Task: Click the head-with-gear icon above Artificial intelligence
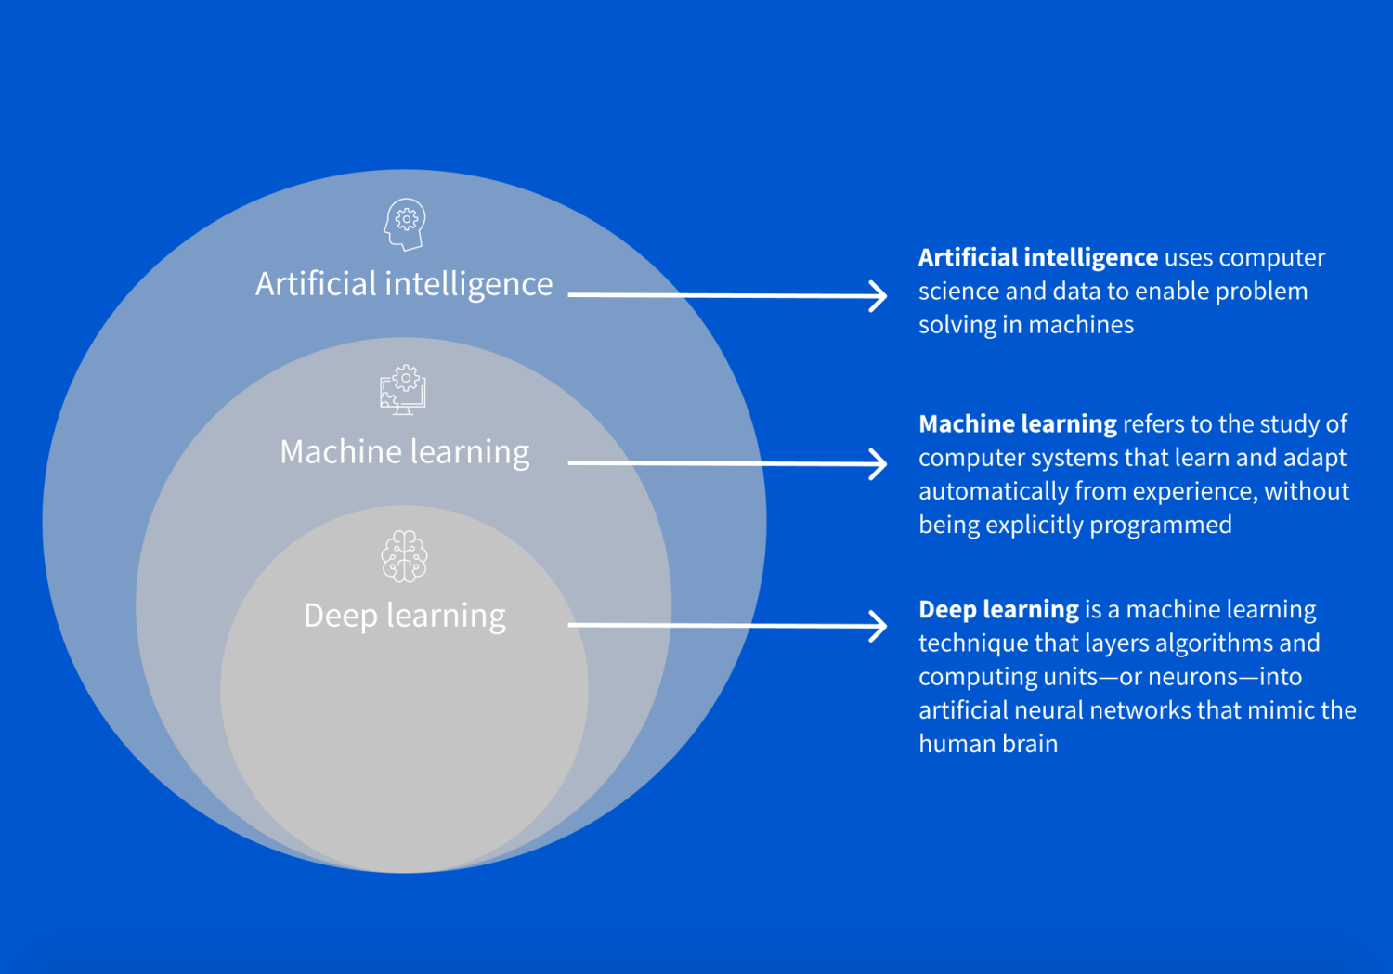[x=405, y=224]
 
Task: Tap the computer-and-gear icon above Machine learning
[x=403, y=390]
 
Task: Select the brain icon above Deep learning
[x=404, y=556]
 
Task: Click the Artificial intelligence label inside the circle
[x=404, y=284]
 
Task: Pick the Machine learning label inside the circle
[x=405, y=452]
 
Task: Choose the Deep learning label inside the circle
[x=405, y=616]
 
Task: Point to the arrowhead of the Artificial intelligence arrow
[x=878, y=296]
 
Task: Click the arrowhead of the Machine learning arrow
[x=878, y=463]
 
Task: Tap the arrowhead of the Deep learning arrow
[x=878, y=626]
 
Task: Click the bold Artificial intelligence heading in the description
[x=1037, y=257]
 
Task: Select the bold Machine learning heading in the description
[x=1017, y=424]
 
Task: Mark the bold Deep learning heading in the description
[x=997, y=610]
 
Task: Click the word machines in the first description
[x=1081, y=325]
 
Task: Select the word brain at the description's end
[x=1030, y=744]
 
